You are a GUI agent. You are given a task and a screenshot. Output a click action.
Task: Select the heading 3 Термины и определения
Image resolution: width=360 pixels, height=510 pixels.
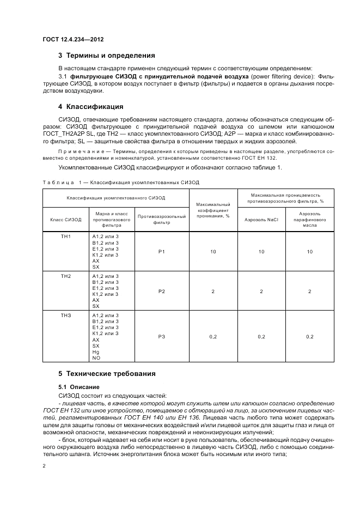106,56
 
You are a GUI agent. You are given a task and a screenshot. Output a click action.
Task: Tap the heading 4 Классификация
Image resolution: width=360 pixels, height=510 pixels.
90,106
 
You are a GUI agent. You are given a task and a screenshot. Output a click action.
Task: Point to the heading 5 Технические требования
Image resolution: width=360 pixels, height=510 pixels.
107,374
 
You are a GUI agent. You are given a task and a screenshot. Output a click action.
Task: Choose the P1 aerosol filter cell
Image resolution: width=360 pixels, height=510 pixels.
161,252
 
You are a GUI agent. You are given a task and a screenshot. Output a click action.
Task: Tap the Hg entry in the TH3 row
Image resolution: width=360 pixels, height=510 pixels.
96,352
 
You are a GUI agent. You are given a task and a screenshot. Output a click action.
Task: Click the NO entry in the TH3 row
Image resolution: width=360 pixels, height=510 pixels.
96,357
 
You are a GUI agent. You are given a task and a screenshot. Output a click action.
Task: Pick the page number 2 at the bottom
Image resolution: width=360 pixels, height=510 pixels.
44,466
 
